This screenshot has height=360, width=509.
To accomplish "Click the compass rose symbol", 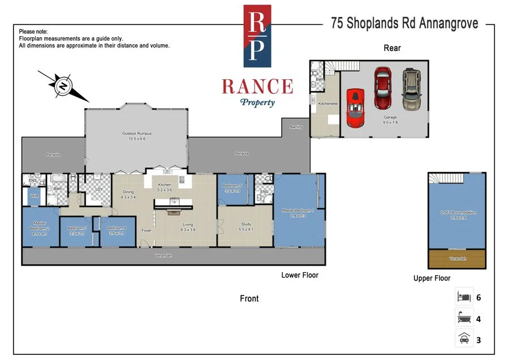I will pyautogui.click(x=62, y=86).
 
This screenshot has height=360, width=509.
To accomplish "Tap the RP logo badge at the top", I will pyautogui.click(x=257, y=36).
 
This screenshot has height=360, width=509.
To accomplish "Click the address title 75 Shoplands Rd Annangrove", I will pyautogui.click(x=404, y=23).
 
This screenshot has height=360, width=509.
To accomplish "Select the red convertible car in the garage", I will pyautogui.click(x=355, y=106).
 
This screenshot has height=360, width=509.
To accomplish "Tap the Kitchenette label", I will pyautogui.click(x=328, y=104).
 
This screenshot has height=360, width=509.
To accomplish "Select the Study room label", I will pyautogui.click(x=245, y=226).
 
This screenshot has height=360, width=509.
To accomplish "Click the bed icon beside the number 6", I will pyautogui.click(x=464, y=297).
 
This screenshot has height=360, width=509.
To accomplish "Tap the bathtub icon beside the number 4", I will pyautogui.click(x=464, y=319).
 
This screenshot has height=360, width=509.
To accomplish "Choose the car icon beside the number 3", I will pyautogui.click(x=464, y=340).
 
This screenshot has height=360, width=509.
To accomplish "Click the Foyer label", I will pyautogui.click(x=146, y=230).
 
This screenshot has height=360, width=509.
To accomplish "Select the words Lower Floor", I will pyautogui.click(x=300, y=276).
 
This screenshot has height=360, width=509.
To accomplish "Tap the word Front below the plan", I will pyautogui.click(x=249, y=298).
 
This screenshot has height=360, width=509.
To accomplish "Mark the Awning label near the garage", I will pyautogui.click(x=296, y=127).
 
